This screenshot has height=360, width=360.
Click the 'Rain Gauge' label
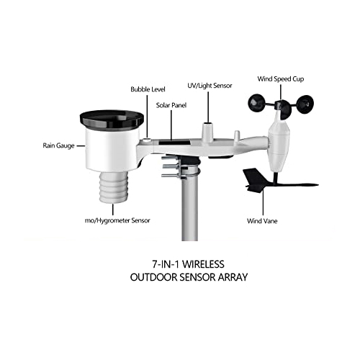coord(58,145)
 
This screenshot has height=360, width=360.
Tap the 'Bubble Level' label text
coord(148,89)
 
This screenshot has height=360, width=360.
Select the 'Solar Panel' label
coord(171,105)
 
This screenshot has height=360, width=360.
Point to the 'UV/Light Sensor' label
coord(210,86)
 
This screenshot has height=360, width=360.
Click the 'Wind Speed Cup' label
coord(281,79)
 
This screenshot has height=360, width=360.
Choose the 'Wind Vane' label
coord(262,221)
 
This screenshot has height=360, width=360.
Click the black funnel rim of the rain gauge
coord(112,120)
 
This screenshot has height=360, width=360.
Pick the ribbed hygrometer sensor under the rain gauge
coord(114,187)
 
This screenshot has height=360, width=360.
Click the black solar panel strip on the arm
coord(175,143)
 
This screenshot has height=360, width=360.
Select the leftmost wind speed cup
coord(256,102)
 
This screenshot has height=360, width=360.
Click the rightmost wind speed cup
coord(305,104)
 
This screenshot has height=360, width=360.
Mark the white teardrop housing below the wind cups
coord(279,145)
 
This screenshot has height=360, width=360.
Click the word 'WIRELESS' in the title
coord(203,264)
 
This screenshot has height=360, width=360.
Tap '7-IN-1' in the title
coord(166,264)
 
